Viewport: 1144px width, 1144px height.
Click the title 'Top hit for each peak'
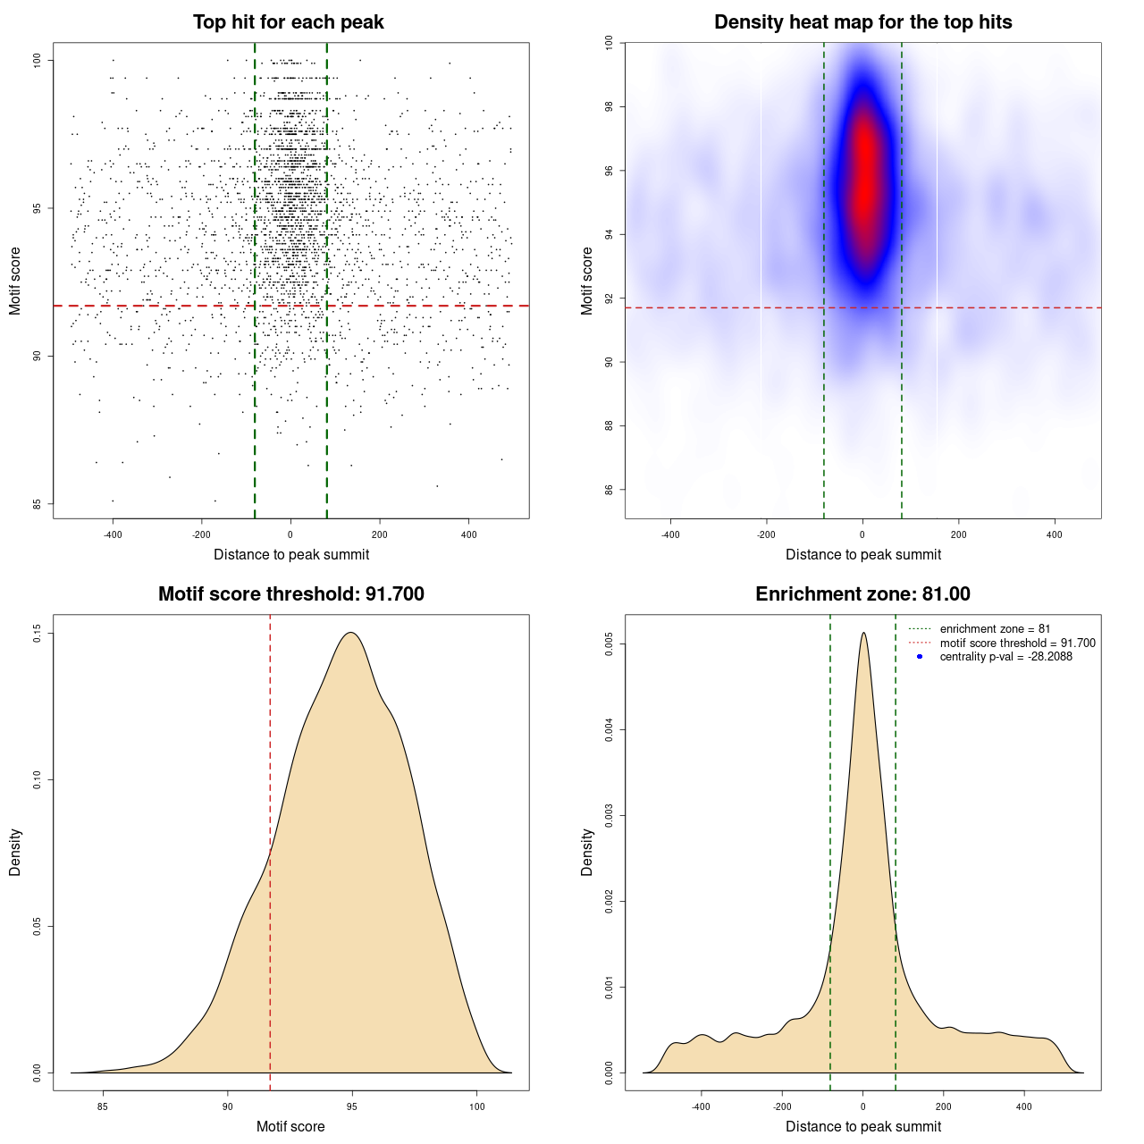(288, 22)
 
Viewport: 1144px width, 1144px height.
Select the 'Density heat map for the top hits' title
(862, 22)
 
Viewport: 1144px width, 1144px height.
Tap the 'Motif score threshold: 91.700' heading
(290, 594)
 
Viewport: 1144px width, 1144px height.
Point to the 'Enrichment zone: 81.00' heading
(862, 594)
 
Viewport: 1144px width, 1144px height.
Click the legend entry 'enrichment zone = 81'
(995, 629)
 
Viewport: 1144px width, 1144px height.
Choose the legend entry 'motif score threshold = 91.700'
(1017, 643)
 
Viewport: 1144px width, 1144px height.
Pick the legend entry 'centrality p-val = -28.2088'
(1005, 657)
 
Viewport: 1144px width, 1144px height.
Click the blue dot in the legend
(920, 657)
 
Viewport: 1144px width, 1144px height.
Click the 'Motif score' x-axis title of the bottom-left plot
(290, 1126)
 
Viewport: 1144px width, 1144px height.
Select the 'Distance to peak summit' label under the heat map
(862, 554)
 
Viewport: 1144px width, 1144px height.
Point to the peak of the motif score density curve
(352, 633)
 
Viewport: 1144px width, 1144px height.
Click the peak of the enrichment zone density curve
(863, 633)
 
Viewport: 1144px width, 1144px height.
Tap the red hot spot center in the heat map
(863, 179)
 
